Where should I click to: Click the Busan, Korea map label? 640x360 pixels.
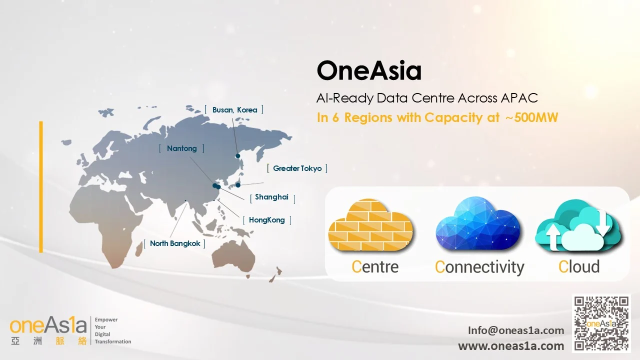coord(234,110)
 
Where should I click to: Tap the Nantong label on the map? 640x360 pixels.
coord(181,148)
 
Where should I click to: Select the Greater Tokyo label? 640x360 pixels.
coord(297,168)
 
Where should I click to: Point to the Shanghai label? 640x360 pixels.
coord(271,197)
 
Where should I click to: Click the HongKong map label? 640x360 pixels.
coord(267,220)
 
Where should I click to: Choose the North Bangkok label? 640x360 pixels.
coord(175,243)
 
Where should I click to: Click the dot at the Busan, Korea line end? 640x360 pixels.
coord(237,156)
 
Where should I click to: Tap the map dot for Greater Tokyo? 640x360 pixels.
coord(238,185)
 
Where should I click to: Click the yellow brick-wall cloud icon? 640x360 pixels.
coord(370,225)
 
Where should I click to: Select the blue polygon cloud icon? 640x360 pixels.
coord(477,223)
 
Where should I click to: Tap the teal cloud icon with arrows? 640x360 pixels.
coord(578,225)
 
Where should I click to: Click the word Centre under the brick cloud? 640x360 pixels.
coord(375,267)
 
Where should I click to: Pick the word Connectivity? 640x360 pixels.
coord(479,267)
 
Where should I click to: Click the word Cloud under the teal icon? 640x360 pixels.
coord(579,266)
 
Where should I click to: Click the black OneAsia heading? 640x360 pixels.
coord(369,70)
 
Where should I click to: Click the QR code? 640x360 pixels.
coord(601,323)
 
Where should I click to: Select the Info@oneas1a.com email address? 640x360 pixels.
coord(516,330)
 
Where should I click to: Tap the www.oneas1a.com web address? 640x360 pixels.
coord(511,346)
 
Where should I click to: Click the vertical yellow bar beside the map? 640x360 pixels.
coord(41,187)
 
